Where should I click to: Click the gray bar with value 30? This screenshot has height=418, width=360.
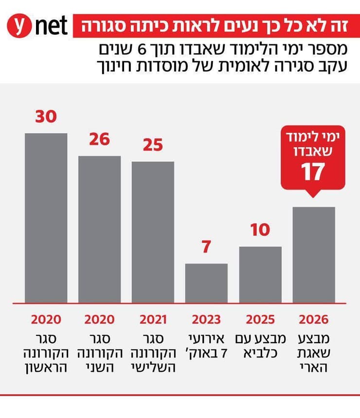[x=46, y=217]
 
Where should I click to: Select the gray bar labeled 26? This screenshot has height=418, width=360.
[x=100, y=228]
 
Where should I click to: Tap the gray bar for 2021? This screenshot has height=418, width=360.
[x=153, y=231]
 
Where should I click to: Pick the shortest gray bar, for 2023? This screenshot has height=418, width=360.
[x=206, y=282]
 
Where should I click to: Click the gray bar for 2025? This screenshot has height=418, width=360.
[x=260, y=274]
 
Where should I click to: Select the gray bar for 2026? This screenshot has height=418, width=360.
[x=314, y=254]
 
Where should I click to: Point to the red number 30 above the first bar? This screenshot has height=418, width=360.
[x=46, y=117]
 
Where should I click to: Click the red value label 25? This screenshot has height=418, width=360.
[x=153, y=145]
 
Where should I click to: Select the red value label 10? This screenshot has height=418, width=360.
[x=261, y=230]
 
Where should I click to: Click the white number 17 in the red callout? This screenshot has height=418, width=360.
[x=312, y=173]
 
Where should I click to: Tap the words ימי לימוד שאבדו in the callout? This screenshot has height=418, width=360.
[x=312, y=144]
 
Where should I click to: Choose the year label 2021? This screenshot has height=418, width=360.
[x=153, y=319]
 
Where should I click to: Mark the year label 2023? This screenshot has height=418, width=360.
[x=206, y=319]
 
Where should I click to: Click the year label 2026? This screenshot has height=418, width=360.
[x=314, y=319]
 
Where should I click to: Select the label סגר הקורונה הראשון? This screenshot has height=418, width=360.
[x=46, y=352]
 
